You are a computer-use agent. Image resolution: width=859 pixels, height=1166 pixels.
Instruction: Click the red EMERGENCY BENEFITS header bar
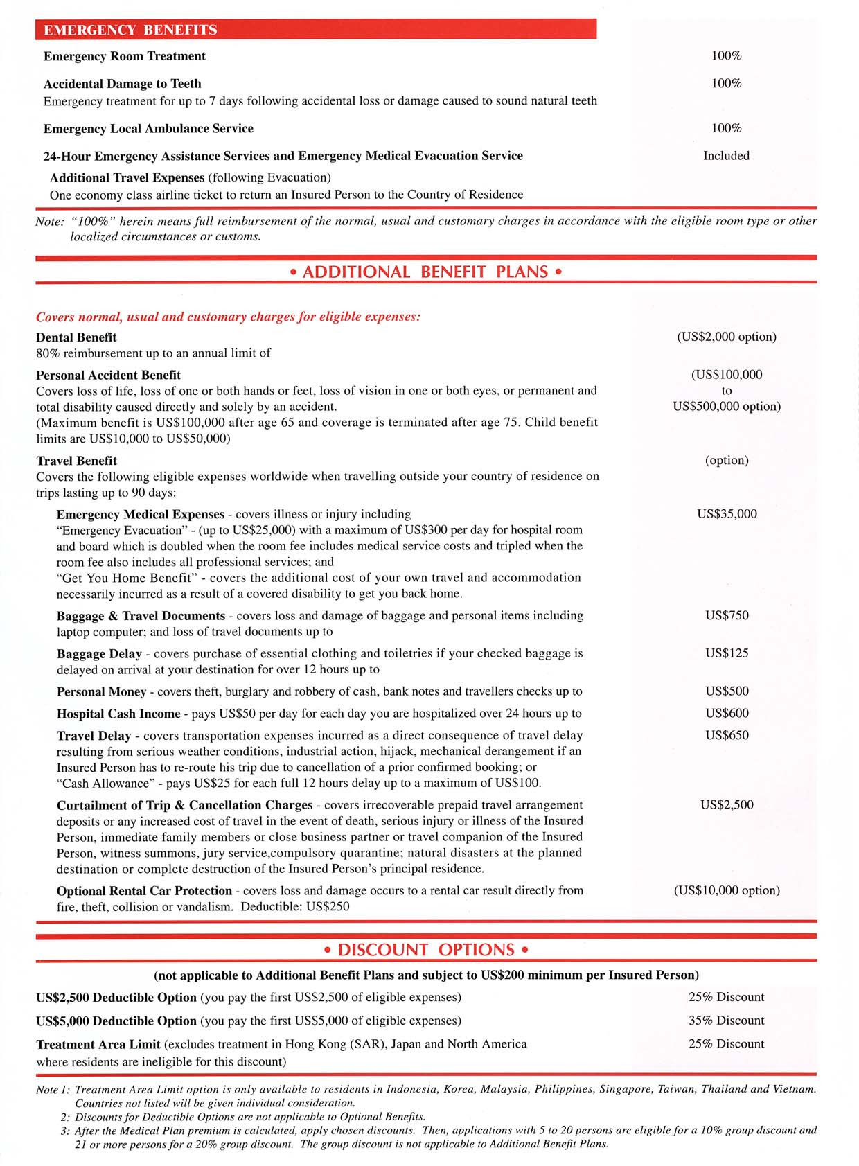[x=316, y=30]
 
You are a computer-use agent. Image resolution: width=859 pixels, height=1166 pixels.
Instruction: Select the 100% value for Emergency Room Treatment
[x=726, y=56]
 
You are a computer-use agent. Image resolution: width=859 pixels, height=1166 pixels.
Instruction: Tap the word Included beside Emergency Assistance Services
[x=726, y=156]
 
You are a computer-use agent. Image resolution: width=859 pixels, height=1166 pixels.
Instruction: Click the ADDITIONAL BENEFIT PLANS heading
[x=425, y=272]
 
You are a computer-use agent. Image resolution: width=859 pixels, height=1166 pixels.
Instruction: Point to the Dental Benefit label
[x=76, y=337]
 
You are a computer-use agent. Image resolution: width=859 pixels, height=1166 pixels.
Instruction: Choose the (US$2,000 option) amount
[x=726, y=337]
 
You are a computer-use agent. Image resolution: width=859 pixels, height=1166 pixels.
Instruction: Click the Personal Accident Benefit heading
[x=108, y=375]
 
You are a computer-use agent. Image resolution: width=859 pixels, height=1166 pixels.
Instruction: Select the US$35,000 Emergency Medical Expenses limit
[x=727, y=514]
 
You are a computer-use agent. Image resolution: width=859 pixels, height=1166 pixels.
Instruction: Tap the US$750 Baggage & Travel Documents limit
[x=727, y=615]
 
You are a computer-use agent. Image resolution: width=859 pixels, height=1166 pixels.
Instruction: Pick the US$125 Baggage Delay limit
[x=727, y=653]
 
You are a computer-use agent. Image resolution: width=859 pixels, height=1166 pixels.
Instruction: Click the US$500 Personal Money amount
[x=727, y=691]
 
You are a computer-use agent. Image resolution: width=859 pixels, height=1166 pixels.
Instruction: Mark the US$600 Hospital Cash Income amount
[x=727, y=714]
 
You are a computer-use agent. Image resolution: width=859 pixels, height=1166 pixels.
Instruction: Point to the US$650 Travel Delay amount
[x=727, y=736]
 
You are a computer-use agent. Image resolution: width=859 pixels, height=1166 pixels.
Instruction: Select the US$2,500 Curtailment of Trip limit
[x=727, y=805]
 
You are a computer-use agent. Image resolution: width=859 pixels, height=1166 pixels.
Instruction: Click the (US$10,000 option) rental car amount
[x=727, y=890]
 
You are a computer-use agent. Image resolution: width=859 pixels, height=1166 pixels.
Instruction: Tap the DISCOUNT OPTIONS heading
[x=425, y=949]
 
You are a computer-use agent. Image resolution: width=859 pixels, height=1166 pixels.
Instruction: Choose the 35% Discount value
[x=726, y=1021]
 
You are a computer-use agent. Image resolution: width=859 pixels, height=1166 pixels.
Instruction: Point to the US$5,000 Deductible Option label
[x=116, y=1021]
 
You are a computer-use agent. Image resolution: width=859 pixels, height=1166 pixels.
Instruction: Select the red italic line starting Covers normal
[x=228, y=317]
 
